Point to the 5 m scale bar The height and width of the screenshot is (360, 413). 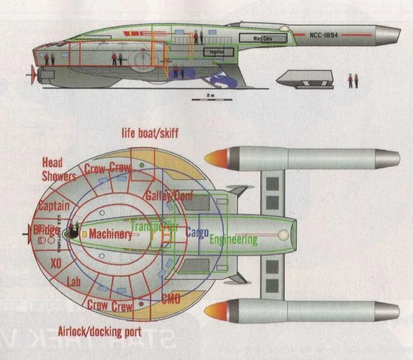pyautogui.click(x=210, y=98)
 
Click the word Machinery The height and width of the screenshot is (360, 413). pyautogui.click(x=111, y=235)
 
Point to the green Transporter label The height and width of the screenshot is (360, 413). pyautogui.click(x=154, y=226)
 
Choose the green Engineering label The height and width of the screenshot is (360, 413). pyautogui.click(x=233, y=240)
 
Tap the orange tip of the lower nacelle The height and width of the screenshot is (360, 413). pyautogui.click(x=214, y=312)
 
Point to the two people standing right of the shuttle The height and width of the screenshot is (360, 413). pyautogui.click(x=352, y=80)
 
